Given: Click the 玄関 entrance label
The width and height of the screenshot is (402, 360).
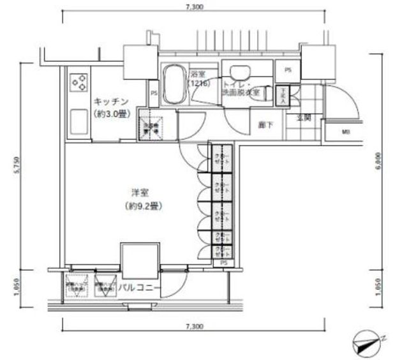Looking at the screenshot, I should pyautogui.click(x=302, y=117).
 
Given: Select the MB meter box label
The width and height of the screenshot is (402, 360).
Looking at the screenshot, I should pyautogui.click(x=346, y=132).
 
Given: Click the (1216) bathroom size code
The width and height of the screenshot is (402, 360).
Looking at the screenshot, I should pyautogui.click(x=196, y=84).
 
